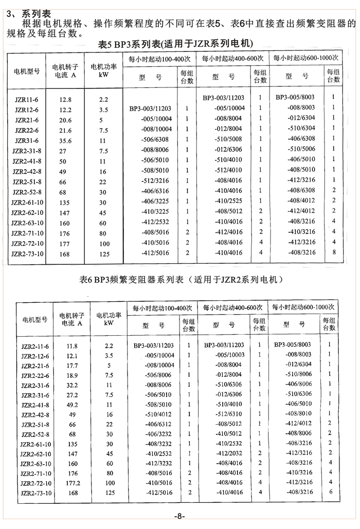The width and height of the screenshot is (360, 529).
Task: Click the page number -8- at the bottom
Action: coord(179,516)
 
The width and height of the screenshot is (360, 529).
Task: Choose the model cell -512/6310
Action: coord(227,415)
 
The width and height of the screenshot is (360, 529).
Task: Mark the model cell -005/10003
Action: coord(227,356)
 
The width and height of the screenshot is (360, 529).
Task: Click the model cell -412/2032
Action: coord(227,454)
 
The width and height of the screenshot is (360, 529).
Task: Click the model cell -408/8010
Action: coord(298,415)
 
